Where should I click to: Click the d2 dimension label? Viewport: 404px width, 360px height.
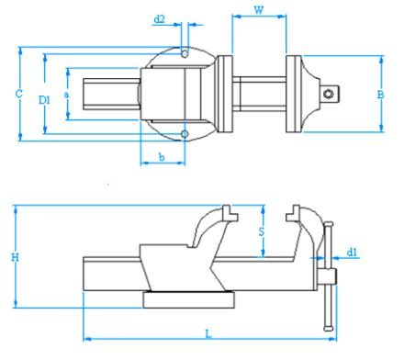point(159,18)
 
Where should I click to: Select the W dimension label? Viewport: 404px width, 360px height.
point(258,11)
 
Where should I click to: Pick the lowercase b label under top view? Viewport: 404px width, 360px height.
point(162,158)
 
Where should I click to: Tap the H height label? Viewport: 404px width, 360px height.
point(15,258)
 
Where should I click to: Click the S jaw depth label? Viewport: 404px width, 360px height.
point(262,231)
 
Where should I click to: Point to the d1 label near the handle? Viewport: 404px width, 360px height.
point(353,251)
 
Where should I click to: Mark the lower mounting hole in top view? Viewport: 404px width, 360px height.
point(185,134)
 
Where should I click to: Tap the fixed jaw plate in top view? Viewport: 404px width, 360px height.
point(225,95)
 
